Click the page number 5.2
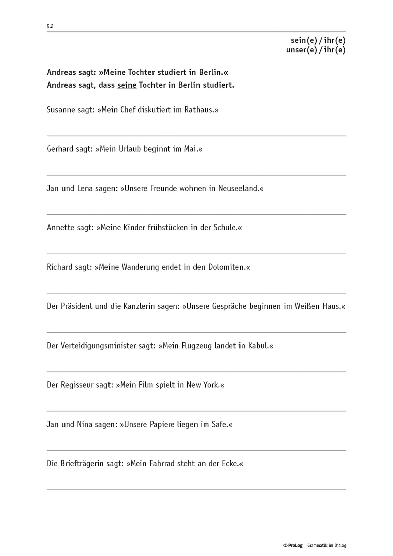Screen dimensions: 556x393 pyautogui.click(x=50, y=26)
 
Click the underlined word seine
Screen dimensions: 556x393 pyautogui.click(x=127, y=85)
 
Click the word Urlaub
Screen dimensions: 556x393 pyautogui.click(x=130, y=149)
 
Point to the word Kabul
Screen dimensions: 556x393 pyautogui.click(x=259, y=346)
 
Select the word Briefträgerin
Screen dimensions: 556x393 pyautogui.click(x=82, y=464)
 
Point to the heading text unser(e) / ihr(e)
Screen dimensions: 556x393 pyautogui.click(x=315, y=50)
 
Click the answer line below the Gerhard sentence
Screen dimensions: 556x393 pyautogui.click(x=196, y=175)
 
